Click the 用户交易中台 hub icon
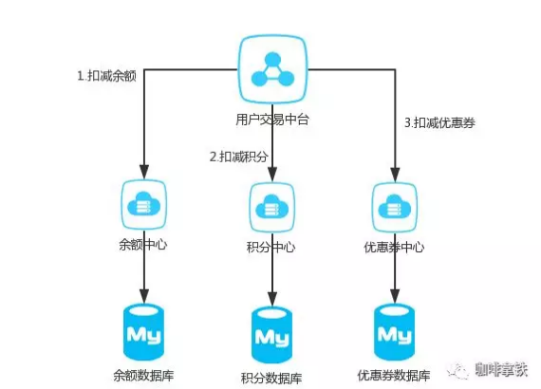pos(272,69)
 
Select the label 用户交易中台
pos(272,120)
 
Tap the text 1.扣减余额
pos(106,76)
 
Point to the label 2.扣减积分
pos(239,157)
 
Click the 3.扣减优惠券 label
pos(439,122)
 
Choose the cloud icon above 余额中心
pos(144,205)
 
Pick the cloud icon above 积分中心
pos(272,207)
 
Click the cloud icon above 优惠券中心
pos(395,207)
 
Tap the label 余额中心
pos(143,245)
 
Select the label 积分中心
pos(270,247)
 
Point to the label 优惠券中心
pos(394,247)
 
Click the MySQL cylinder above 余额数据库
pos(143,332)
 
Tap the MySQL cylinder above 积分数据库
pos(271,335)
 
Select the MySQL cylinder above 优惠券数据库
pos(395,332)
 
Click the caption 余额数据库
pos(143,375)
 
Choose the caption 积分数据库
pos(271,378)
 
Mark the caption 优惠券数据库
pos(394,375)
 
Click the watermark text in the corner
pos(501,369)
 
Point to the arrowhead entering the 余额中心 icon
pos(144,173)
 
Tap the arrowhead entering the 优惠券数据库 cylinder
pos(395,297)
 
